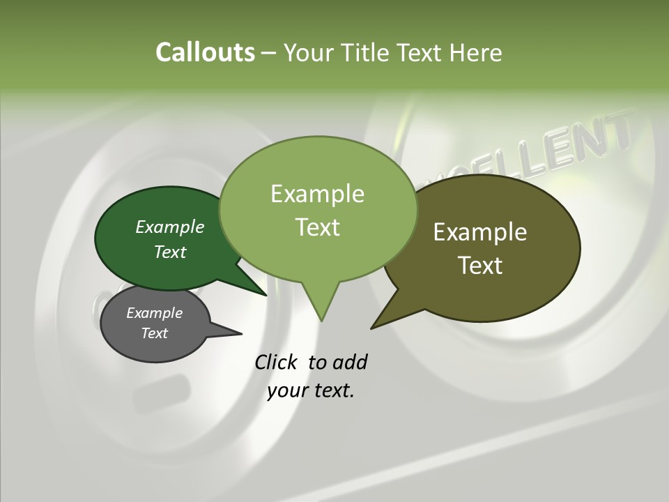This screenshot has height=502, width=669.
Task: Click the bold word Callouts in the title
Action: coord(205,52)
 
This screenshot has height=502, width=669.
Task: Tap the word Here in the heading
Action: coord(475,52)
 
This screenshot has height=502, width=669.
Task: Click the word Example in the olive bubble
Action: coord(480,232)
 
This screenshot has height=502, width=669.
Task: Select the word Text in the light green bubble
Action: coord(318,227)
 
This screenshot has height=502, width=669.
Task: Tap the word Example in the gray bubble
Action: coord(154,313)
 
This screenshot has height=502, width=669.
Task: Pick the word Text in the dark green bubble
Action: coord(170,252)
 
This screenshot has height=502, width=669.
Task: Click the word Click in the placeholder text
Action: coord(277,363)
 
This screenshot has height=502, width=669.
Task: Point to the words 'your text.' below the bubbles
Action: coord(311,391)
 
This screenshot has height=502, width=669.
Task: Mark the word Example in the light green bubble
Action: coord(318,194)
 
